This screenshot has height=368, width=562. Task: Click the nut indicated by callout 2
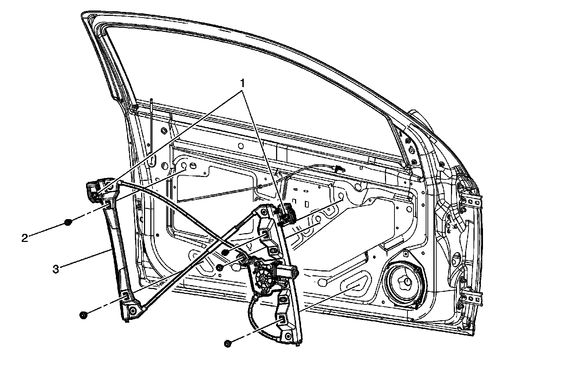click(68, 222)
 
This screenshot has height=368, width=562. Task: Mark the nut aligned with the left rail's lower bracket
click(83, 315)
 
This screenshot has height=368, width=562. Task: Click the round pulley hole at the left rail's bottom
click(133, 310)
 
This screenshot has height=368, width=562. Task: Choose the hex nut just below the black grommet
click(220, 268)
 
